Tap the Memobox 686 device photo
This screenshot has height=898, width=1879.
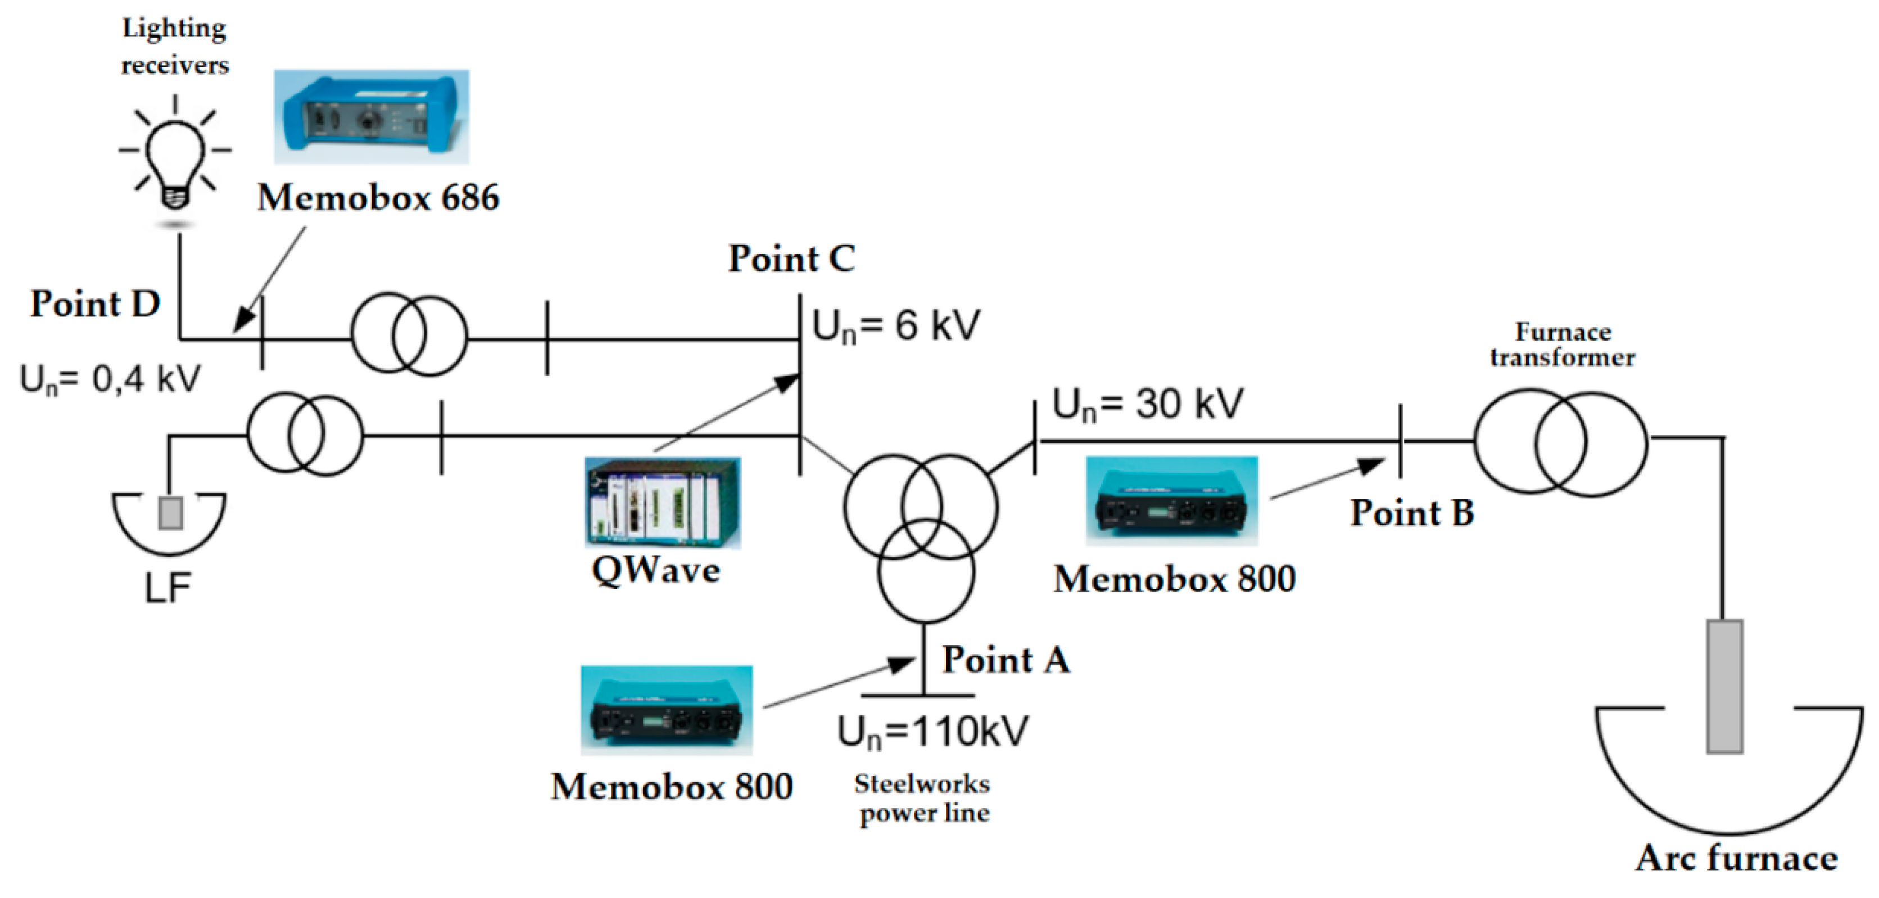point(372,117)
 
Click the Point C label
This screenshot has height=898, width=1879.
point(791,259)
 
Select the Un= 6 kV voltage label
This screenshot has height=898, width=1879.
point(896,326)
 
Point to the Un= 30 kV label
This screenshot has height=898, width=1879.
point(1147,404)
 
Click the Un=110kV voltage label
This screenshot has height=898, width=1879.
point(933,731)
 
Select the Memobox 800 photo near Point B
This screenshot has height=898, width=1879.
point(1171,501)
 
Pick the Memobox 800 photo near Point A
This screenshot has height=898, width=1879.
point(666,710)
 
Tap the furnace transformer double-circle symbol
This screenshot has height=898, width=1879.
point(1560,443)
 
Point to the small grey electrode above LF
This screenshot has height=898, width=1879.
point(171,513)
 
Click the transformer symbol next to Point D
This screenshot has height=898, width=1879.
point(409,334)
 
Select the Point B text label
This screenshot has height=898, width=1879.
point(1411,513)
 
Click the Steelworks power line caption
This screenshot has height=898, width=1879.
point(923,798)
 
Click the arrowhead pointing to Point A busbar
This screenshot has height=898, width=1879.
point(903,663)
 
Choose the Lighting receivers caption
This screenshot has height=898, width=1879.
point(174,47)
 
